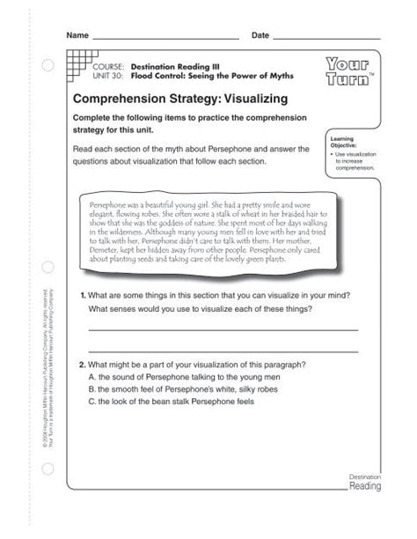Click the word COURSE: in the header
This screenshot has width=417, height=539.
tap(110, 66)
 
